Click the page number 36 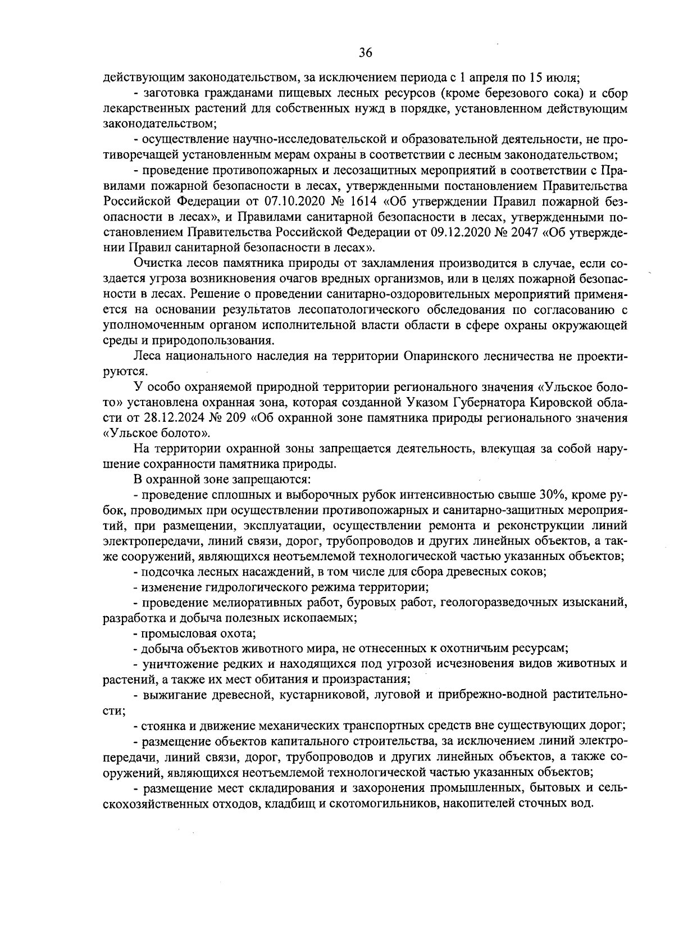click(365, 53)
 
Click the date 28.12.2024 click(166, 418)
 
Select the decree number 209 click(236, 418)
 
